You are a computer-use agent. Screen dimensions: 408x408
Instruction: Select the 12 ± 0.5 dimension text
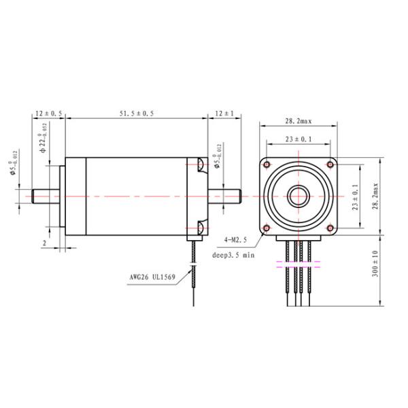pos(48,114)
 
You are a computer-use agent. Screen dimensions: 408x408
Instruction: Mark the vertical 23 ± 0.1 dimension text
pos(354,197)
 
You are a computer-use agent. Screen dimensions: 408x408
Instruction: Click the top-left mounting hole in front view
pos(267,165)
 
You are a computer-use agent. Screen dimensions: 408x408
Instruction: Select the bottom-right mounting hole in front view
pos(330,228)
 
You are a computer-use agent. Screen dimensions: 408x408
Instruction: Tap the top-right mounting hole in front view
pos(330,165)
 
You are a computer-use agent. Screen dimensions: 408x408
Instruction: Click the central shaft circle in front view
pos(298,197)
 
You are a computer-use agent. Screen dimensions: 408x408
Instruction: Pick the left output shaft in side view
pos(46,197)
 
